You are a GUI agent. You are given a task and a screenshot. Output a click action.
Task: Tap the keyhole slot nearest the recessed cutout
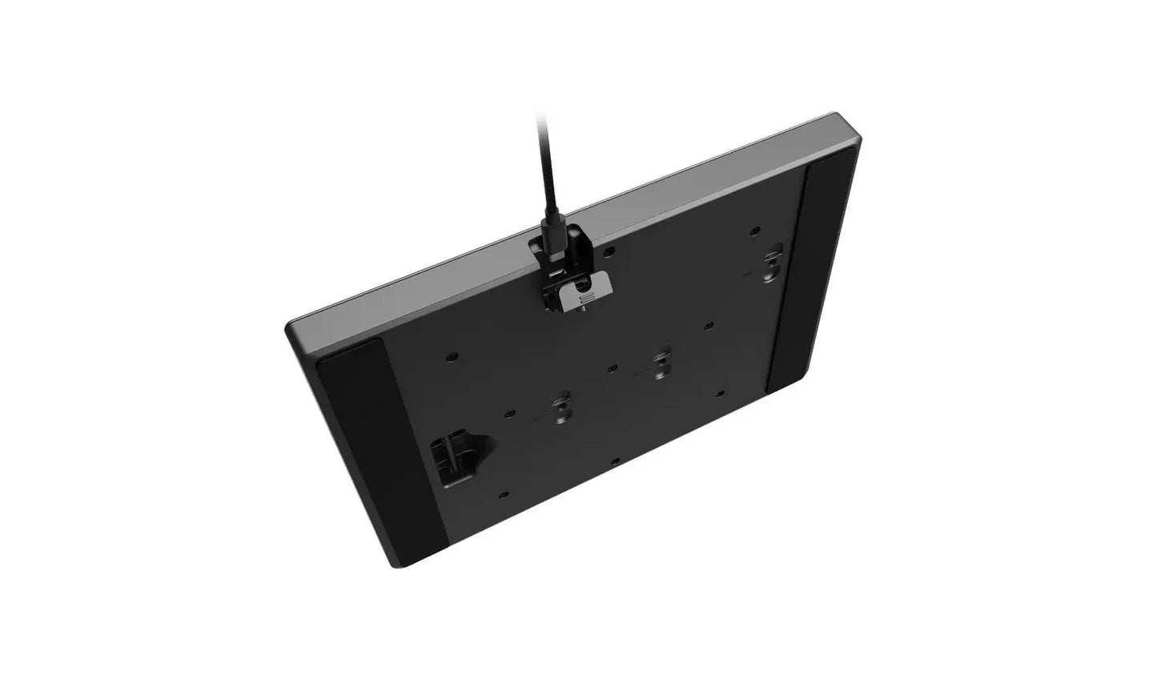click(x=561, y=404)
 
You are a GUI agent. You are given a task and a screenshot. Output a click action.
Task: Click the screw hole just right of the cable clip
click(x=611, y=251)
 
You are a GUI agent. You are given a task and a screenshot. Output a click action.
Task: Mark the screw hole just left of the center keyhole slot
click(x=611, y=368)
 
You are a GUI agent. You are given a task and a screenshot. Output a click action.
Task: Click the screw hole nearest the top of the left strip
click(x=454, y=354)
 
